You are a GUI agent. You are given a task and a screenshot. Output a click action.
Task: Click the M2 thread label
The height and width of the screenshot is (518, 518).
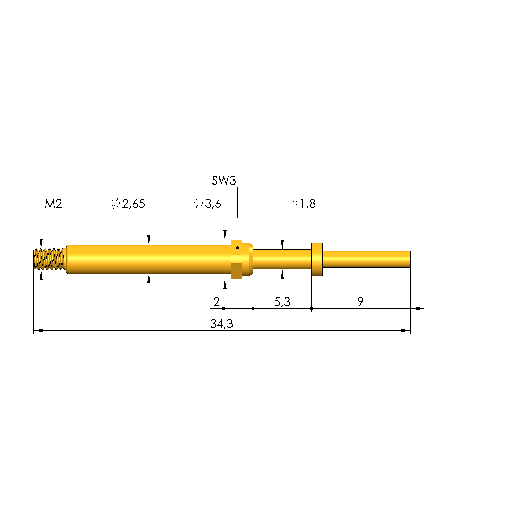pyautogui.click(x=53, y=204)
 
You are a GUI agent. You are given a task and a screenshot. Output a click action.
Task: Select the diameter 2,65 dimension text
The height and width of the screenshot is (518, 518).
pyautogui.click(x=128, y=204)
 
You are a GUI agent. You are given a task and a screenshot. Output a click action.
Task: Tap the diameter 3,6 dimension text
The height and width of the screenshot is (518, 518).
pyautogui.click(x=207, y=204)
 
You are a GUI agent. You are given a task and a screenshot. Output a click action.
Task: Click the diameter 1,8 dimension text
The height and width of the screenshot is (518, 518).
pyautogui.click(x=302, y=204)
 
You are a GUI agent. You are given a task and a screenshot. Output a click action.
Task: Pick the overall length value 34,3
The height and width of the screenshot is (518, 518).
pyautogui.click(x=222, y=324)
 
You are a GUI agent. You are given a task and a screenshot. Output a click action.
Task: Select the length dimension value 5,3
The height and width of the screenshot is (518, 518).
pyautogui.click(x=282, y=302)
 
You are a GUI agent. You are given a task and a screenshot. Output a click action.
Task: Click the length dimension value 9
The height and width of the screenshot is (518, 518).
pyautogui.click(x=361, y=302)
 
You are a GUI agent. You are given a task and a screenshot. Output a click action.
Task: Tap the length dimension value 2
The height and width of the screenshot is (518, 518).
pyautogui.click(x=216, y=302)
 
